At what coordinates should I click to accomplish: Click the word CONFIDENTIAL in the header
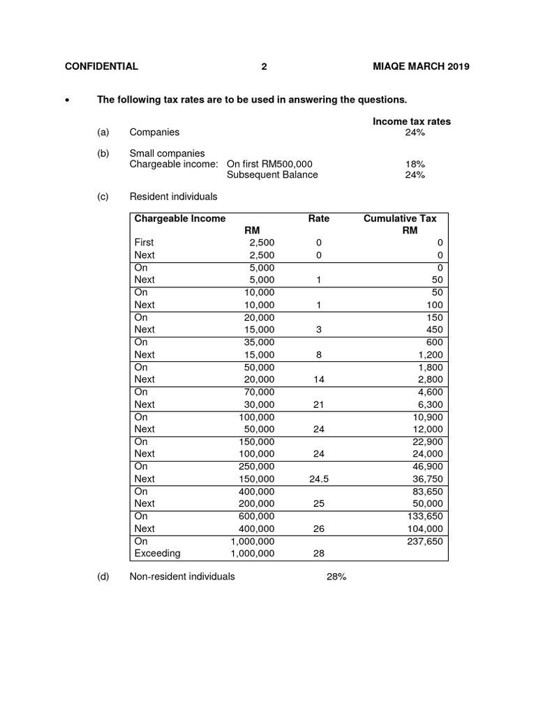(x=101, y=67)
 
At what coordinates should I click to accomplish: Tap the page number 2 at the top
(x=264, y=67)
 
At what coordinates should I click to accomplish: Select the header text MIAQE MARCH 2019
(x=422, y=67)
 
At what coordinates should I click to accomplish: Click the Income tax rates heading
(x=411, y=121)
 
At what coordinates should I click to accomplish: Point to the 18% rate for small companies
(x=415, y=164)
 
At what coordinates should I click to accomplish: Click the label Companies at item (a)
(x=154, y=132)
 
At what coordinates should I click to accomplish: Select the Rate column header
(x=319, y=218)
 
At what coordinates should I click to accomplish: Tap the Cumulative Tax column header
(x=400, y=218)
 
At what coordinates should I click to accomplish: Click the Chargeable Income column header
(x=180, y=218)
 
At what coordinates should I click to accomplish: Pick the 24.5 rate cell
(x=319, y=479)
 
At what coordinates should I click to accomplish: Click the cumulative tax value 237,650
(x=425, y=541)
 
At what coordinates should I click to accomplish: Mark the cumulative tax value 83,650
(x=427, y=492)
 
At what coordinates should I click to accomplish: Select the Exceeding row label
(x=157, y=553)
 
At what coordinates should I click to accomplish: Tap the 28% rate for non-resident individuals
(x=336, y=577)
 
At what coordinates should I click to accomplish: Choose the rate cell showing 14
(x=319, y=379)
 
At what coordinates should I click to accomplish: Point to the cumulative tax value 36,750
(x=427, y=479)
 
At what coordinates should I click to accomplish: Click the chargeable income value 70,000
(x=258, y=392)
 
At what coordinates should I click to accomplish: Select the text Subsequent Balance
(x=272, y=175)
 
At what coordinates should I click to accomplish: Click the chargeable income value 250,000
(x=255, y=466)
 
